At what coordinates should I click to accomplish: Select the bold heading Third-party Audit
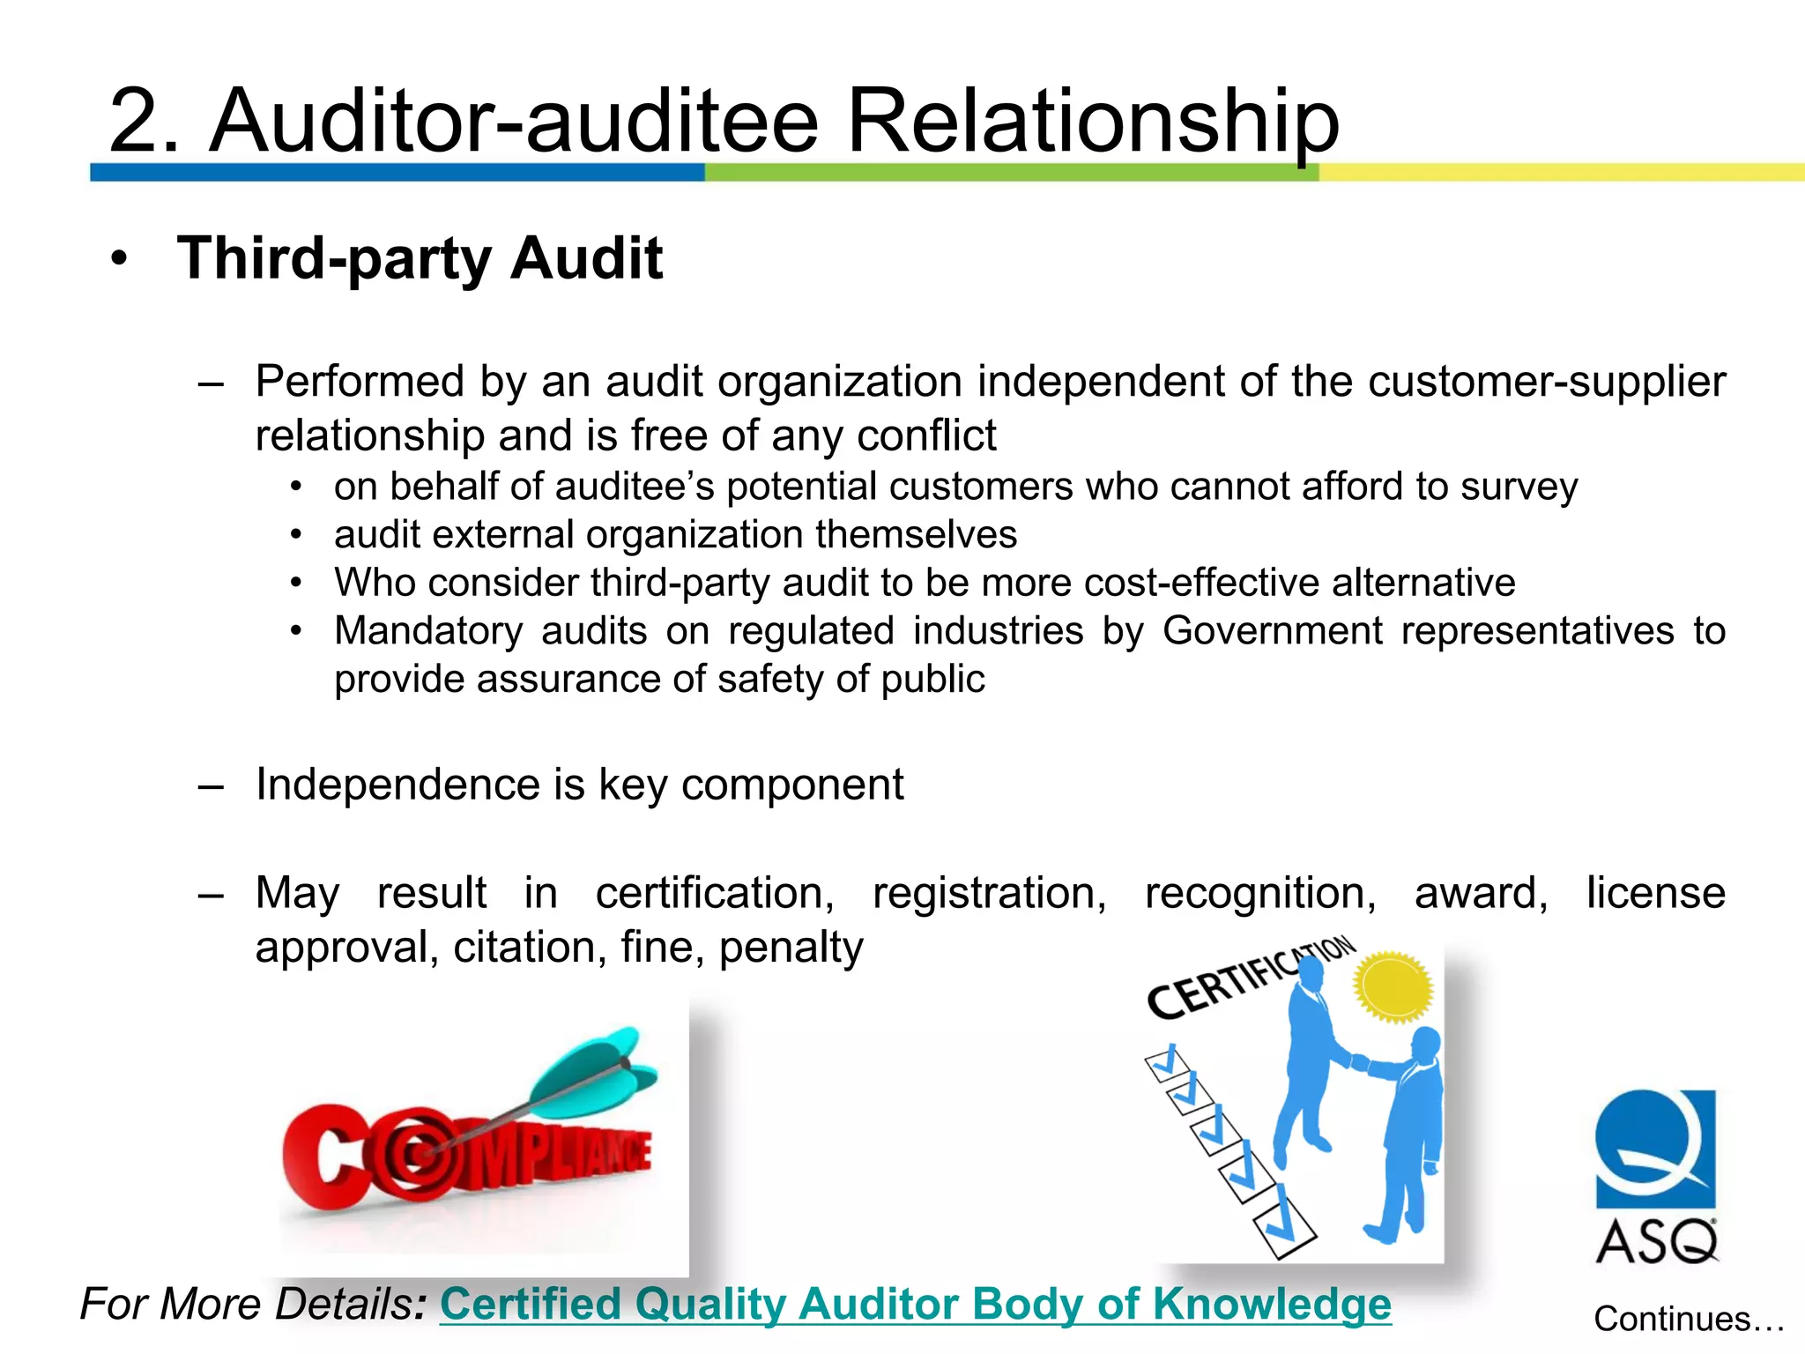pos(420,258)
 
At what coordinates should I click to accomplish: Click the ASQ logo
pos(1656,1176)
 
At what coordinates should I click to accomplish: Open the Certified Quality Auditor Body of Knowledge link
pos(915,1304)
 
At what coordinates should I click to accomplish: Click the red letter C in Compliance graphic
pos(316,1156)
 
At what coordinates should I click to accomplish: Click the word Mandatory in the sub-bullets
pos(428,631)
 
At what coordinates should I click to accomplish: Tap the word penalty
pos(791,948)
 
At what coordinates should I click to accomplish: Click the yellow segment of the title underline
pos(1560,172)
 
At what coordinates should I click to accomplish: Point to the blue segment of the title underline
pos(397,172)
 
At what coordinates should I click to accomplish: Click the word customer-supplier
pos(1546,382)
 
